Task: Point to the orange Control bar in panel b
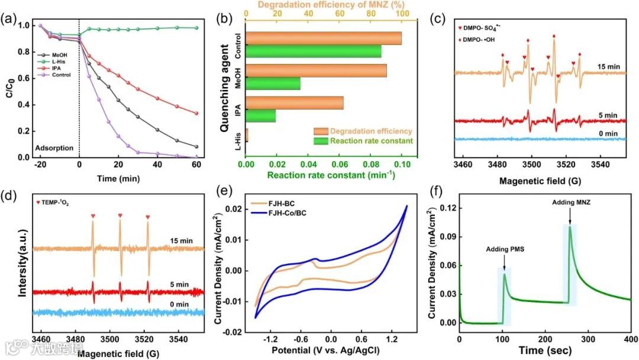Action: tap(323, 38)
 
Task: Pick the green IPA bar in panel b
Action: tap(260, 115)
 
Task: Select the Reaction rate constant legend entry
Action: tap(372, 140)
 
